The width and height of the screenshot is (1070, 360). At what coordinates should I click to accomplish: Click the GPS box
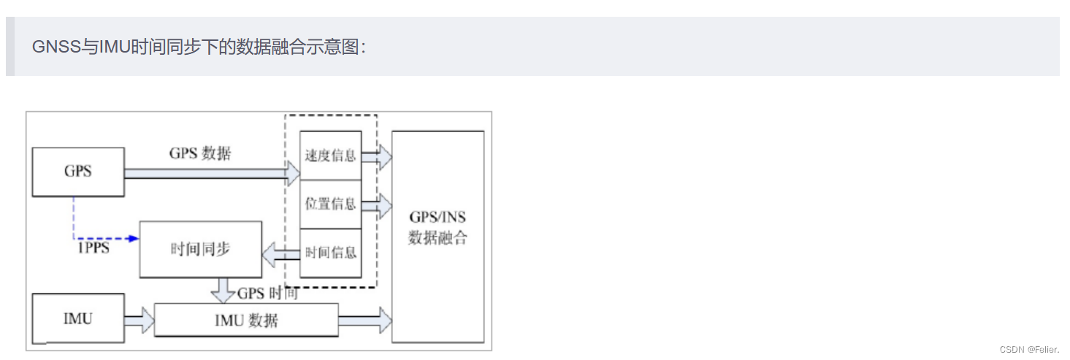click(x=78, y=172)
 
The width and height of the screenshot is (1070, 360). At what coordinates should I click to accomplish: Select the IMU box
click(x=78, y=319)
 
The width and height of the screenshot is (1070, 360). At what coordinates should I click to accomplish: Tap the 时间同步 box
click(x=200, y=249)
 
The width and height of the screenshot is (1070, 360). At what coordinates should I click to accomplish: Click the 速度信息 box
click(x=331, y=156)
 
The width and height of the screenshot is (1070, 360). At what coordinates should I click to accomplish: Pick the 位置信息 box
click(x=331, y=204)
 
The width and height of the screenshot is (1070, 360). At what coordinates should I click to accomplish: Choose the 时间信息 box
click(x=331, y=253)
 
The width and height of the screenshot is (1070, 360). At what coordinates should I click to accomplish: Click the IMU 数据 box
click(x=246, y=320)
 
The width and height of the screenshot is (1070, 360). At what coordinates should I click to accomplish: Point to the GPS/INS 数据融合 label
click(x=437, y=228)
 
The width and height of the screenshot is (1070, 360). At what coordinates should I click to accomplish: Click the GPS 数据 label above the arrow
click(x=200, y=153)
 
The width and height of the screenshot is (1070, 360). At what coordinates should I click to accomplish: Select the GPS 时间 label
click(x=267, y=294)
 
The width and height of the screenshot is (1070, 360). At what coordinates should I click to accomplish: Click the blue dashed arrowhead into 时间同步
click(x=134, y=238)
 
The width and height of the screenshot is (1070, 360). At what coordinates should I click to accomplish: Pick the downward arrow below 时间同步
click(x=221, y=291)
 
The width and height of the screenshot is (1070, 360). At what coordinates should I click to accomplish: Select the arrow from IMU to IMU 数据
click(x=139, y=320)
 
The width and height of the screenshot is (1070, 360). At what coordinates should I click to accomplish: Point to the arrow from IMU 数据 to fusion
click(x=365, y=320)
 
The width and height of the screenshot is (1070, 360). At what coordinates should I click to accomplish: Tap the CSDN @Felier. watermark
click(x=1029, y=350)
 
